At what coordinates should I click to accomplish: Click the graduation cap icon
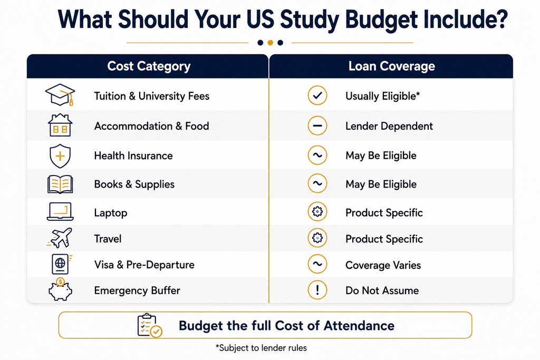(x=60, y=95)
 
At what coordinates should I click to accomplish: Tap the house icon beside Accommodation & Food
(x=60, y=125)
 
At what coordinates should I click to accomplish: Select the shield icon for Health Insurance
(x=60, y=156)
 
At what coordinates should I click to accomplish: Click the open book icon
(x=60, y=184)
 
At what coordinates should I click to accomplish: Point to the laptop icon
(x=60, y=211)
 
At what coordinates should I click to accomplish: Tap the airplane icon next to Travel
(x=60, y=238)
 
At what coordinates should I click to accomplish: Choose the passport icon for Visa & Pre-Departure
(x=61, y=264)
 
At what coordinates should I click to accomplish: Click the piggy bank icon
(x=60, y=289)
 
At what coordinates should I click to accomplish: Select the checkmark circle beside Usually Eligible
(x=317, y=95)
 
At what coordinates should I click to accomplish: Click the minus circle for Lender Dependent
(x=317, y=125)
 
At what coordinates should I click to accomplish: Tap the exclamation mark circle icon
(x=317, y=290)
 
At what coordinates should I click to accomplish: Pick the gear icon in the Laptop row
(x=317, y=212)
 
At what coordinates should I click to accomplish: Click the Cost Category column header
(x=149, y=66)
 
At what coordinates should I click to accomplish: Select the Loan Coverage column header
(x=392, y=66)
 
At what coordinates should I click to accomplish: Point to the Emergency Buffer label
(x=137, y=290)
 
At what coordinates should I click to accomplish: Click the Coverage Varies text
(x=383, y=265)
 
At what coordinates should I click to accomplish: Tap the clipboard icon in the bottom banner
(x=149, y=325)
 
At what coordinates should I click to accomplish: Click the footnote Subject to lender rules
(x=261, y=348)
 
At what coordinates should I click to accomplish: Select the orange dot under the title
(x=271, y=43)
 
